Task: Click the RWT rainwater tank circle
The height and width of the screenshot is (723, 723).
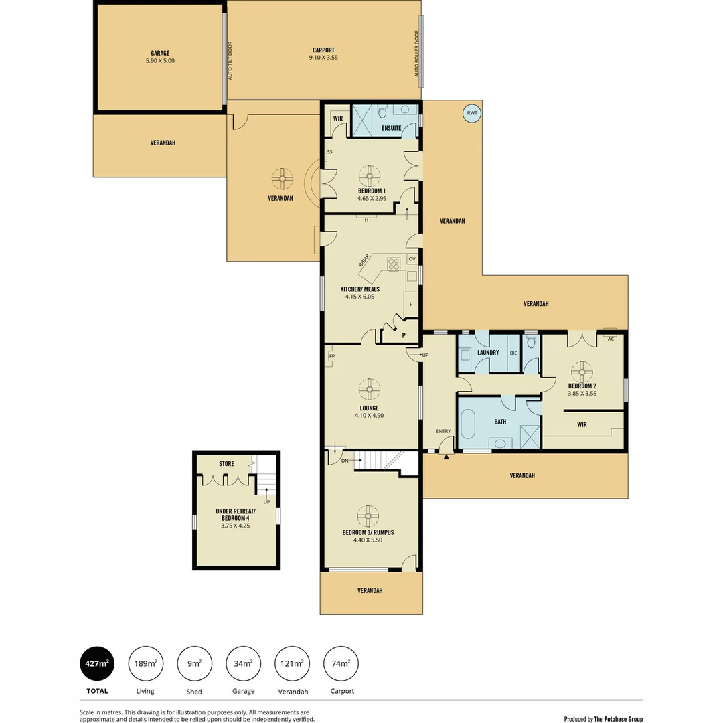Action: tap(472, 113)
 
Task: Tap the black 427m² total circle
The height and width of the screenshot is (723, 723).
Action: tap(96, 663)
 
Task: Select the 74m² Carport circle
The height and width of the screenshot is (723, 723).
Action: tap(341, 663)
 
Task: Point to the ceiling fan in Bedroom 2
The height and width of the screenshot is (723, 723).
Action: tap(582, 370)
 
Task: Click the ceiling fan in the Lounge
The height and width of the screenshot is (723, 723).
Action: tap(368, 388)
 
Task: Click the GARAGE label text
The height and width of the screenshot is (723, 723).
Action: tap(159, 53)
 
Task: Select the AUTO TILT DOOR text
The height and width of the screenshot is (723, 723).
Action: tap(230, 61)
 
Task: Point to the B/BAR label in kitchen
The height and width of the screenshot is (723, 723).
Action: tap(364, 261)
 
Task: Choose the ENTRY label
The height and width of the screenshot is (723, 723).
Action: tap(443, 431)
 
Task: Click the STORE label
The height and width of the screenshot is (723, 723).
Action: tap(226, 463)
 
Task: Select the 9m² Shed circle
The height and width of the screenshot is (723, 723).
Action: tap(194, 663)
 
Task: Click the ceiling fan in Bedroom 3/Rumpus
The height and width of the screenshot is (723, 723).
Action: tap(368, 515)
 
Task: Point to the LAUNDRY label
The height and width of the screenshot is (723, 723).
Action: tap(488, 353)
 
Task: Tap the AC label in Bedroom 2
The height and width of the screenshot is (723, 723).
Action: tap(610, 339)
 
